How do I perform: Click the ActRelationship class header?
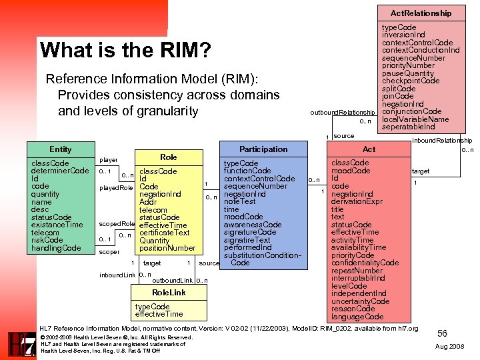[421, 13]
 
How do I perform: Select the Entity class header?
[61, 149]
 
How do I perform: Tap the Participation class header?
[263, 149]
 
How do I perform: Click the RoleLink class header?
[169, 293]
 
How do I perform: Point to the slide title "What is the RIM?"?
[125, 50]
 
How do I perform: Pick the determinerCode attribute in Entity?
[60, 171]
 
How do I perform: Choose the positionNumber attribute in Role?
[167, 248]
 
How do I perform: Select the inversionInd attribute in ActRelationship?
[403, 35]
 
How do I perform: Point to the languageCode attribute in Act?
[357, 317]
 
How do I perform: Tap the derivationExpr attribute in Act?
[357, 202]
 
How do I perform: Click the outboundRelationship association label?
[342, 113]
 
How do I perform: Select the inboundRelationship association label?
[442, 140]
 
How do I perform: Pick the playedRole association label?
[113, 187]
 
